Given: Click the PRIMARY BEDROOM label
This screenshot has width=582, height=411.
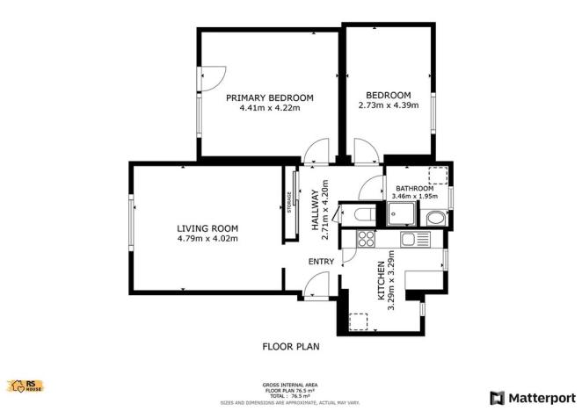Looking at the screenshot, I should (x=270, y=97).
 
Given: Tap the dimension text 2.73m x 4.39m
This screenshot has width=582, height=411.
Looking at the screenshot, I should (x=389, y=106).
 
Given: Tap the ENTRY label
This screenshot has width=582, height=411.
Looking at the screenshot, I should (x=321, y=262).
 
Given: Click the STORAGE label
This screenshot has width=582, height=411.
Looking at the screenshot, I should (x=287, y=203).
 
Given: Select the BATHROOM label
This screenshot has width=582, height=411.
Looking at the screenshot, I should (x=414, y=188).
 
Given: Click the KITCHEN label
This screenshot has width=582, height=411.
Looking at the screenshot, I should (x=382, y=284).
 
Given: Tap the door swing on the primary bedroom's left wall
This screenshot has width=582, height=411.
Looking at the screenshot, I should (x=211, y=79).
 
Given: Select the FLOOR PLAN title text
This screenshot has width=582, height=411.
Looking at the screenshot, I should (x=291, y=347).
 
